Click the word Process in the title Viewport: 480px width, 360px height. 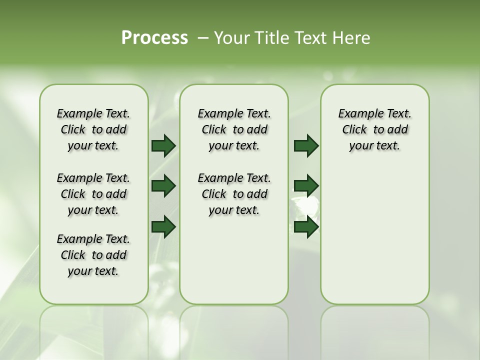pyautogui.click(x=154, y=38)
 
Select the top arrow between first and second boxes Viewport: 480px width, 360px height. pyautogui.click(x=163, y=145)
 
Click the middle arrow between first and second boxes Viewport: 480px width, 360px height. pyautogui.click(x=163, y=186)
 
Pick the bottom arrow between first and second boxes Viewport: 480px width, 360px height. pyautogui.click(x=163, y=227)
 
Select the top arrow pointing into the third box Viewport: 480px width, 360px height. pyautogui.click(x=306, y=145)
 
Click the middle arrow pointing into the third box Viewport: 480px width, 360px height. pyautogui.click(x=306, y=186)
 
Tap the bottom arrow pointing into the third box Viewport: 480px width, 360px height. pyautogui.click(x=306, y=227)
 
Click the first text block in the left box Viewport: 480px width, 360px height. pyautogui.click(x=93, y=129)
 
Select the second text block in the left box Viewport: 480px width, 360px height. pyautogui.click(x=93, y=194)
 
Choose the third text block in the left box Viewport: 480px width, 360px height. pyautogui.click(x=93, y=255)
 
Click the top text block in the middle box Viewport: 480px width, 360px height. pyautogui.click(x=234, y=129)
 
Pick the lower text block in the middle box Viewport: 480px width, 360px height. pyautogui.click(x=234, y=194)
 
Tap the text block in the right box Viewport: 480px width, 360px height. pyautogui.click(x=374, y=129)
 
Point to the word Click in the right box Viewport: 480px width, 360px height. pyautogui.click(x=354, y=130)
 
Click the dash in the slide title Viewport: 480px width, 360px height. pyautogui.click(x=203, y=38)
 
